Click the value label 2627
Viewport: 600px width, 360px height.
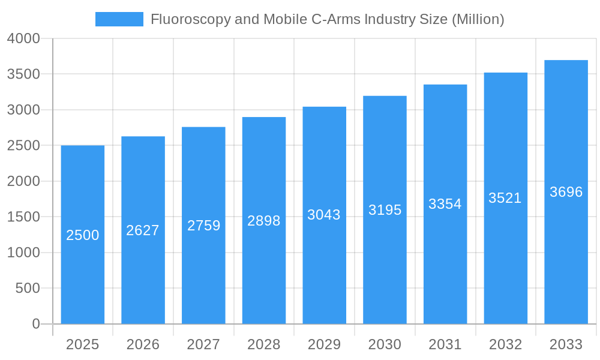(x=143, y=230)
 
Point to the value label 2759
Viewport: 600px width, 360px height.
(x=204, y=226)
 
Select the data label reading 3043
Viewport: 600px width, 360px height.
(x=324, y=215)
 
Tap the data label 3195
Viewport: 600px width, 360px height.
(x=385, y=210)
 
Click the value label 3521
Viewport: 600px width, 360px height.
(x=505, y=198)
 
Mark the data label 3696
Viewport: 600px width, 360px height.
(x=566, y=192)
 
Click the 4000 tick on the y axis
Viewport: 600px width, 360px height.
(x=23, y=39)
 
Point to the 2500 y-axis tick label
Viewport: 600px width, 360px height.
(x=23, y=146)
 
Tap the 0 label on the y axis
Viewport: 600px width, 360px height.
(x=36, y=325)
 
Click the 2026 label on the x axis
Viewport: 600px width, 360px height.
(x=143, y=344)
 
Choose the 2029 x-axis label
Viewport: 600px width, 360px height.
(x=324, y=344)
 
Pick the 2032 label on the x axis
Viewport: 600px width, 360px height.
(x=505, y=344)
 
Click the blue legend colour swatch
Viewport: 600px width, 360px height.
(x=119, y=19)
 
